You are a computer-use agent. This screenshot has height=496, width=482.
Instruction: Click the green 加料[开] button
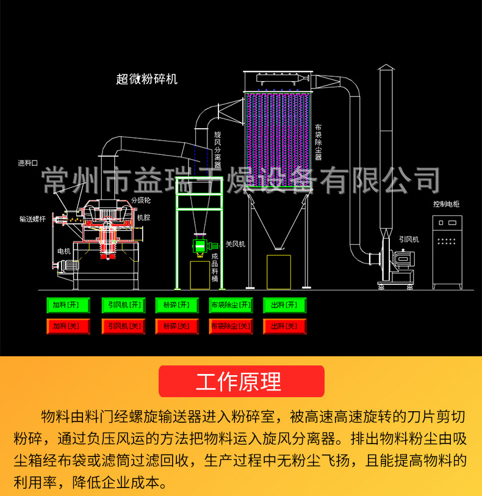[68, 305]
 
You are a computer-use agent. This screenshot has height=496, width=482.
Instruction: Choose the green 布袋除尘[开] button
[231, 305]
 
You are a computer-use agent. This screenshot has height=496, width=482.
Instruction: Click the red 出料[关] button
[284, 326]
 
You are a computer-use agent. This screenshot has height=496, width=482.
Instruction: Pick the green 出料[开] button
[284, 305]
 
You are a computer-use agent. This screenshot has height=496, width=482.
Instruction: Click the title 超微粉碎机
[146, 79]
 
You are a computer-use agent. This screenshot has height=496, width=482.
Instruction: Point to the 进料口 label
[27, 163]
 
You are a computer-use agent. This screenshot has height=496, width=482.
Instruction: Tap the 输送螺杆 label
[32, 218]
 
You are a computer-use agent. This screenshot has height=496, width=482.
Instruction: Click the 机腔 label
[143, 217]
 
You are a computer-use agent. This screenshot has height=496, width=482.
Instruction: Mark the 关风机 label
[235, 244]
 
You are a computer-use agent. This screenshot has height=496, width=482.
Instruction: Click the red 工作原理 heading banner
[241, 381]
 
